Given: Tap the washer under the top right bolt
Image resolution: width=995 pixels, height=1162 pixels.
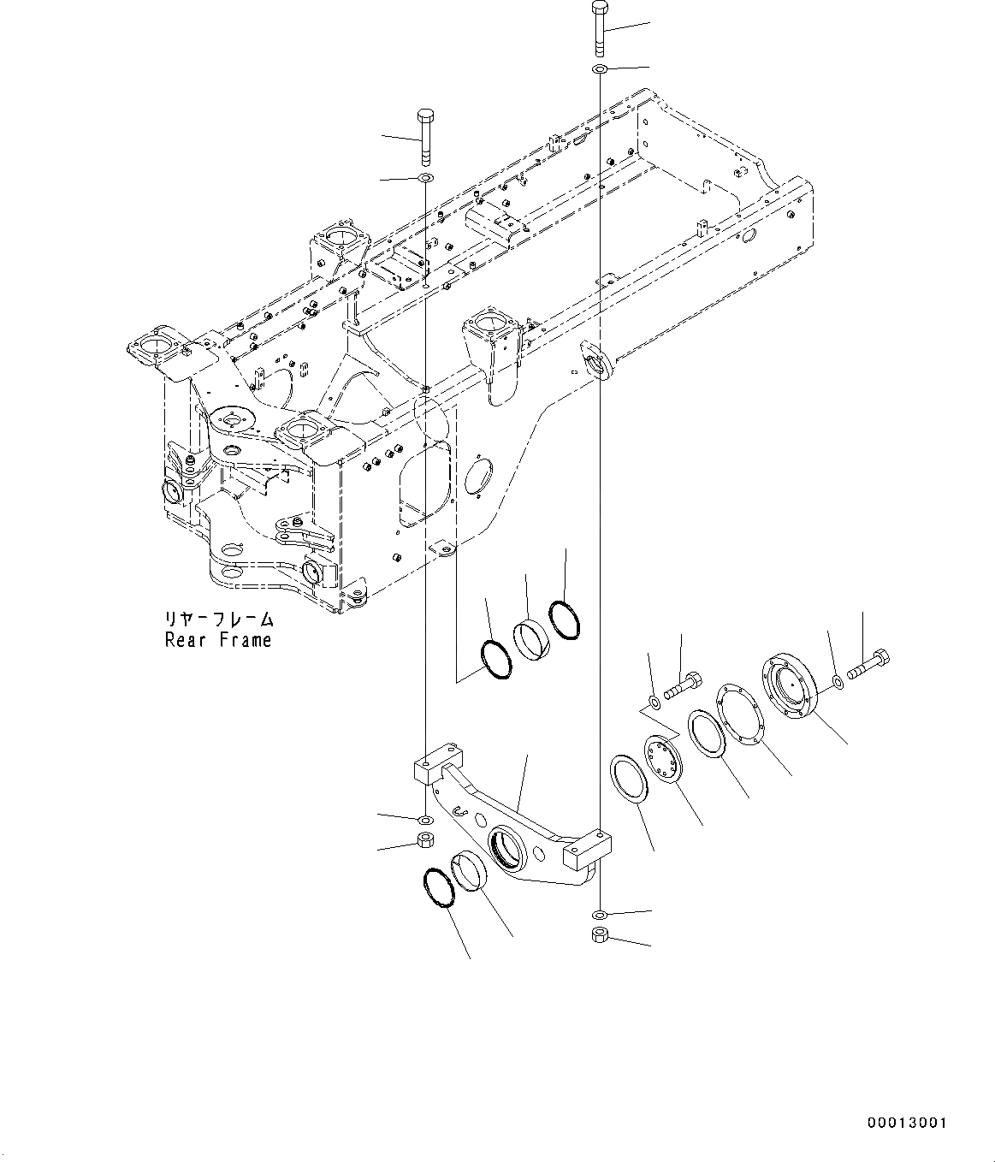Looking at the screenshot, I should pyautogui.click(x=600, y=68).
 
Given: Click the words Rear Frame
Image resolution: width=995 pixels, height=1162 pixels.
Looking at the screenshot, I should pyautogui.click(x=218, y=640).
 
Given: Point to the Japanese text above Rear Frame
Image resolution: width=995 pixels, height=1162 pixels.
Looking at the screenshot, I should pyautogui.click(x=219, y=619).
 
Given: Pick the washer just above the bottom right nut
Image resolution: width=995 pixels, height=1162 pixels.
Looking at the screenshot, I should pyautogui.click(x=601, y=913).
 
